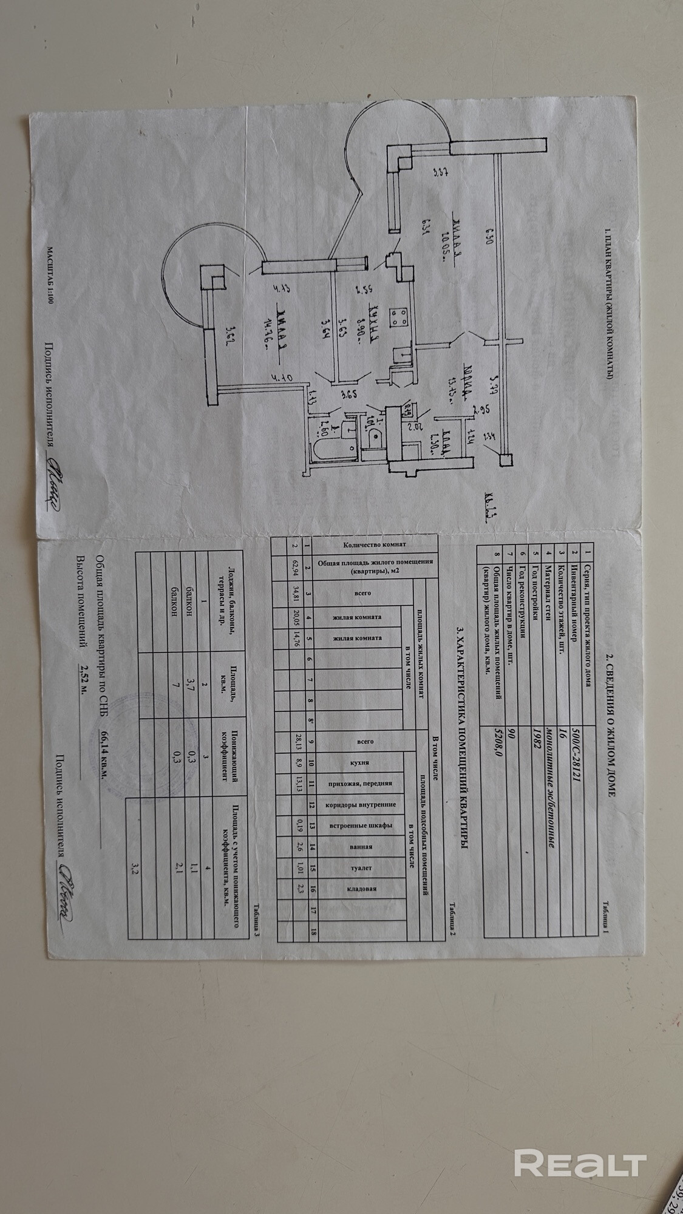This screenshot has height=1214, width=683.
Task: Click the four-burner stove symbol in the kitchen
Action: (x=399, y=315)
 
